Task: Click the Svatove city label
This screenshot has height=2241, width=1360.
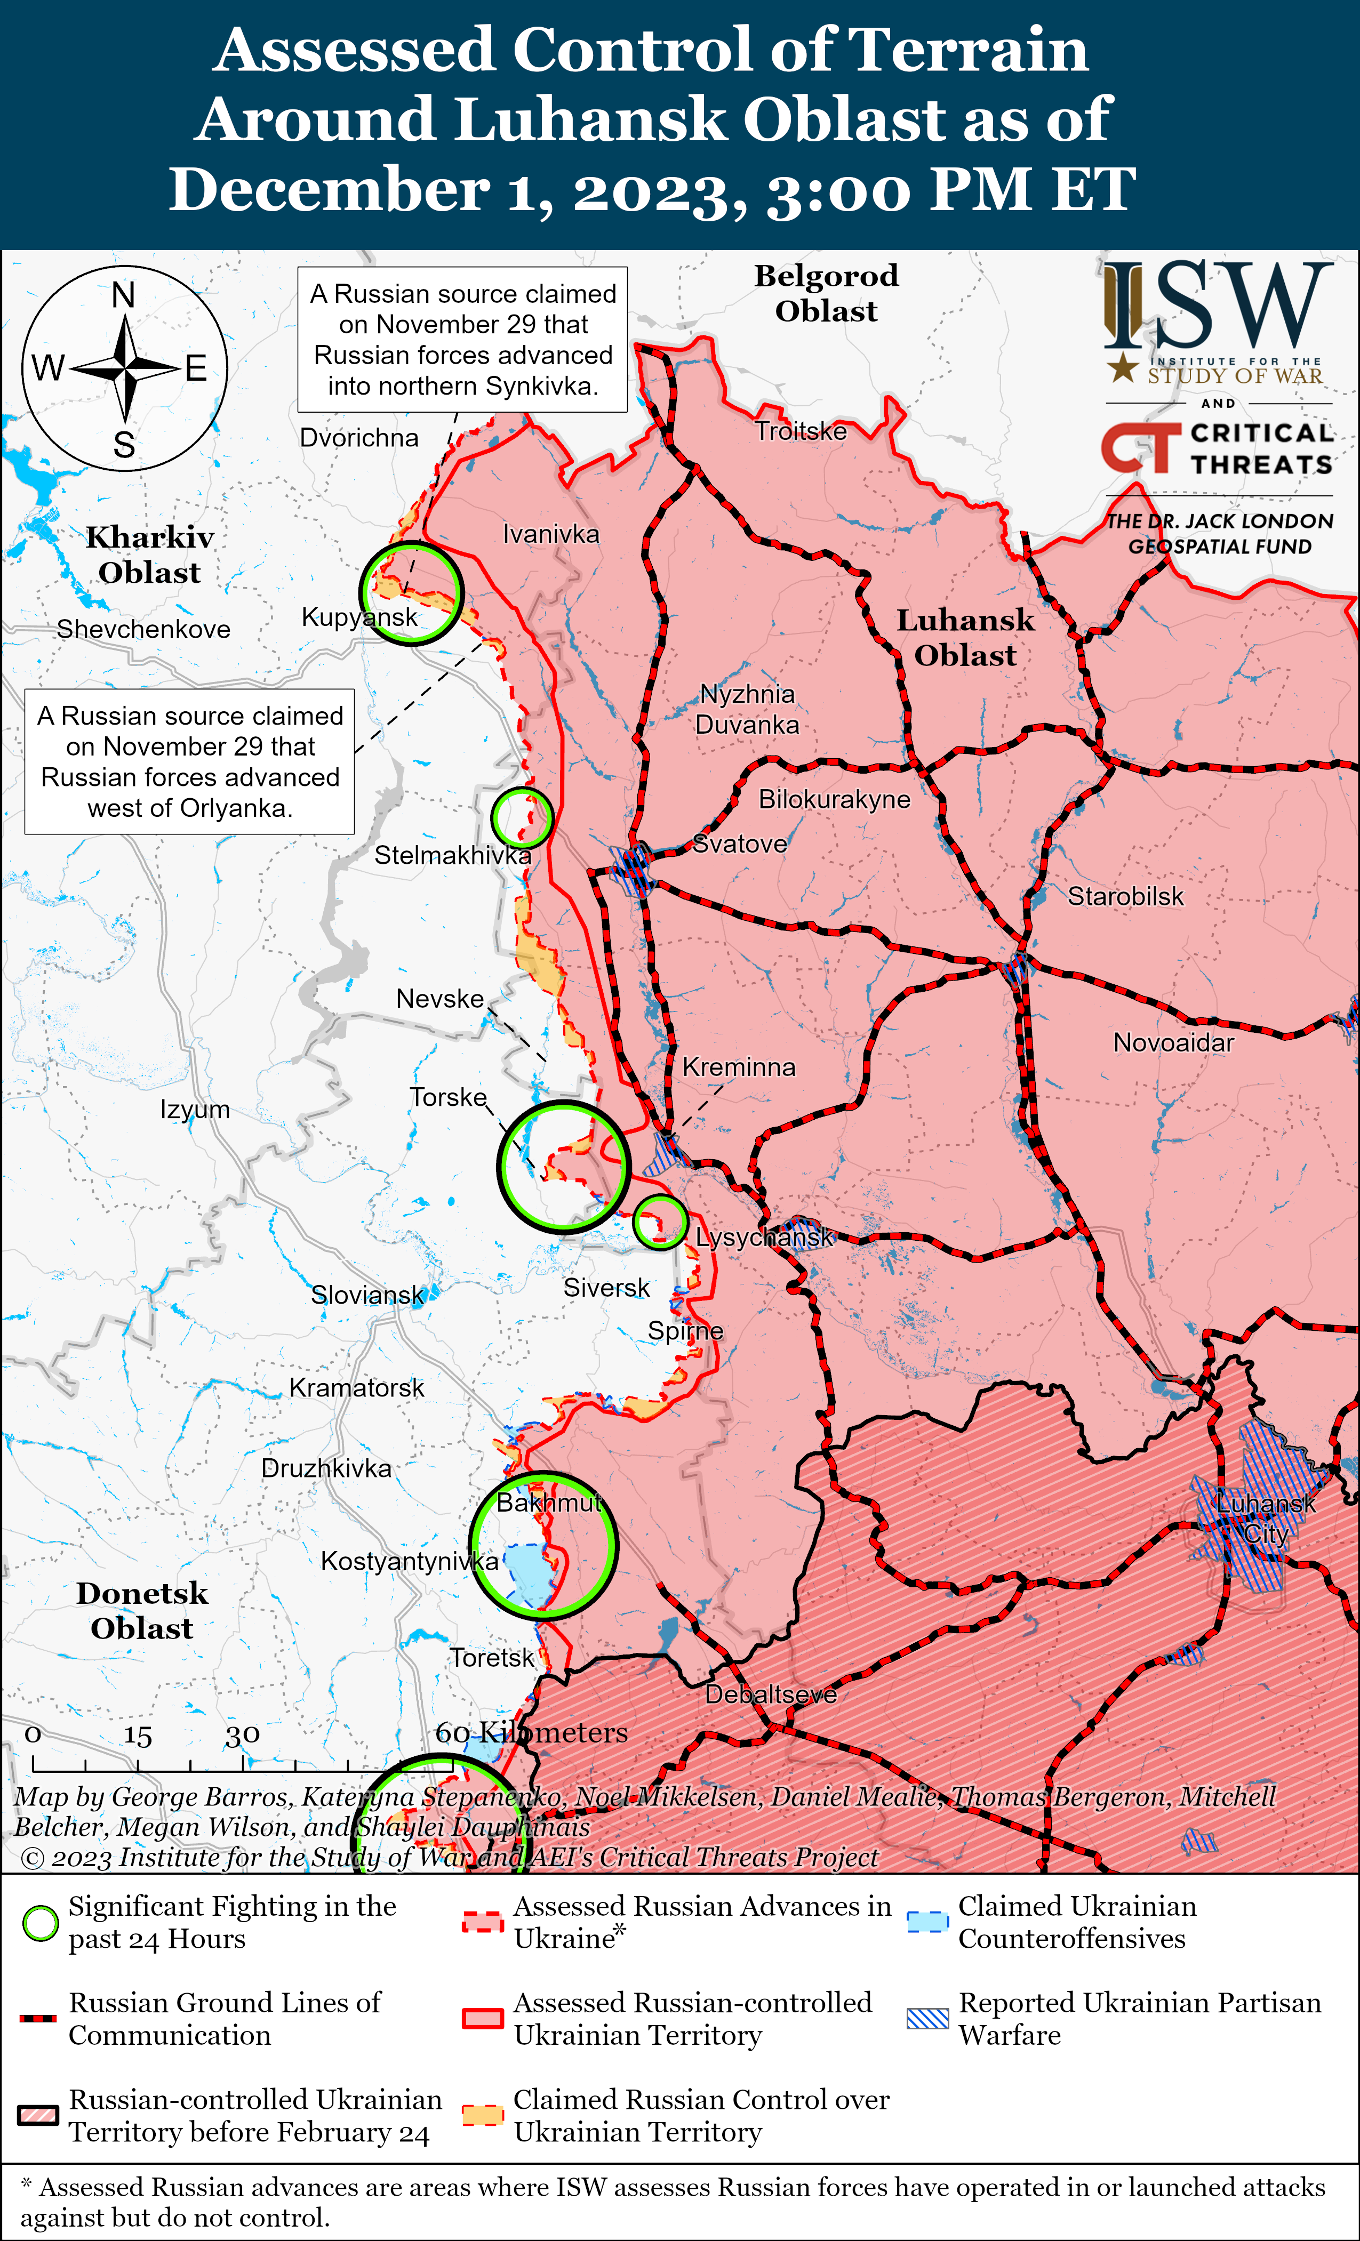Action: [740, 844]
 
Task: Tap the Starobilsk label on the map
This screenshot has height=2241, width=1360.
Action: [1125, 897]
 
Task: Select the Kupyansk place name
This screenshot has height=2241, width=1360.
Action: [359, 617]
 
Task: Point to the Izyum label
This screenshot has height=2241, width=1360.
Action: [195, 1110]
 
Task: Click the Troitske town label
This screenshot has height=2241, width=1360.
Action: [801, 431]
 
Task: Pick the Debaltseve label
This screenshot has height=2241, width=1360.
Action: [771, 1694]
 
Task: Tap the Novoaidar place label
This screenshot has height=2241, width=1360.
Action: [1173, 1043]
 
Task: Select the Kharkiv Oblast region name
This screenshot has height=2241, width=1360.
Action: [150, 555]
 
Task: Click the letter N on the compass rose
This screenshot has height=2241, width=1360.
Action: [124, 295]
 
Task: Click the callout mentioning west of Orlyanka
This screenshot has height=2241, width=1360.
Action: [189, 761]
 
